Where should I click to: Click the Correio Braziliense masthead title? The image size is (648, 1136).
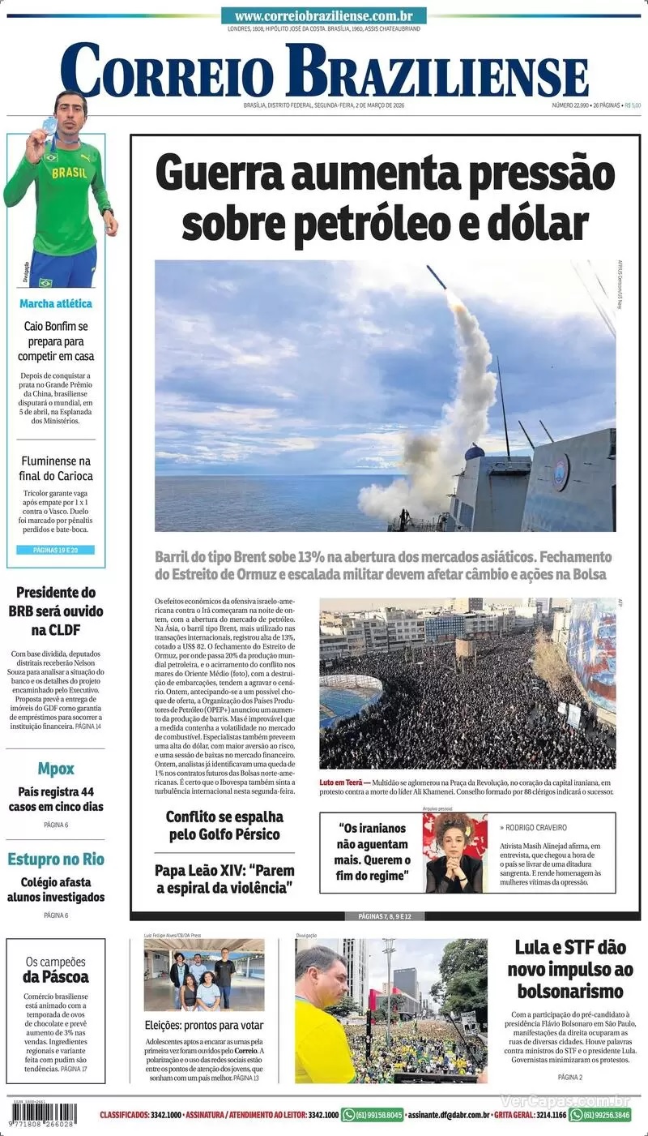tap(324, 71)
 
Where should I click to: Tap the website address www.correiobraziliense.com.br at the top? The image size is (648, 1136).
tap(323, 16)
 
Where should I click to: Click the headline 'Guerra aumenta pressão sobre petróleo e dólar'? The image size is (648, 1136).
tap(385, 199)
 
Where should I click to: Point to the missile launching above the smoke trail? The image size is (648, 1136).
tap(437, 278)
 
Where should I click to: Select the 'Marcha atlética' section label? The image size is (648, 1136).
tap(56, 304)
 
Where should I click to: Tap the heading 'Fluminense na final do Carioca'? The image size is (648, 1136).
tap(57, 468)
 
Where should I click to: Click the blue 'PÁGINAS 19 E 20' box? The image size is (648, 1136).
tap(56, 550)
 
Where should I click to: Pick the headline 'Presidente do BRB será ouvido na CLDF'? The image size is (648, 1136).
tap(56, 611)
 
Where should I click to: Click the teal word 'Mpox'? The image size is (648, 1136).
tap(56, 769)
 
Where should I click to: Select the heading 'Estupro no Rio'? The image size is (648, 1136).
tap(56, 860)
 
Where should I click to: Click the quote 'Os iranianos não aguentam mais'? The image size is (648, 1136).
tap(373, 852)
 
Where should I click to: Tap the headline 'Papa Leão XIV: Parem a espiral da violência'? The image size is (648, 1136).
tap(224, 879)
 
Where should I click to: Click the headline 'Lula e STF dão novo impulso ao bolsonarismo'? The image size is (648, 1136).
tap(569, 969)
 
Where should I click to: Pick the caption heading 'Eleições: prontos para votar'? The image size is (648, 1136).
tap(204, 1025)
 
